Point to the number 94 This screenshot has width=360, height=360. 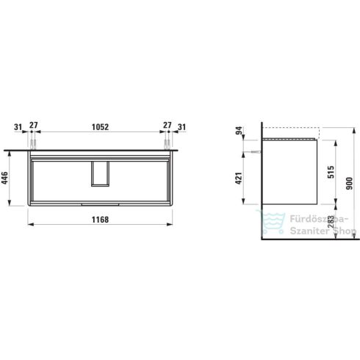[x=237, y=133]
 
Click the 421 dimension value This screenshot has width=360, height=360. [x=237, y=177]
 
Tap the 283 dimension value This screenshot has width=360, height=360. [x=330, y=221]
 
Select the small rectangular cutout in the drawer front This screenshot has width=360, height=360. [x=98, y=174]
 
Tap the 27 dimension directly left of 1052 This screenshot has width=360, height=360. [x=32, y=126]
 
